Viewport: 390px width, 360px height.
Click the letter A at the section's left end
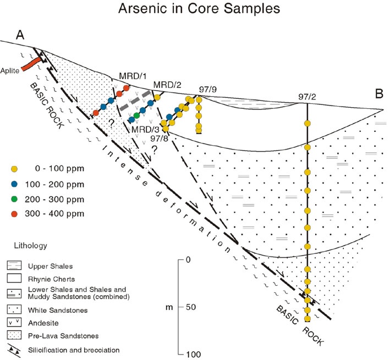[21, 36]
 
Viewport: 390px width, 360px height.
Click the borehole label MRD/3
[143, 130]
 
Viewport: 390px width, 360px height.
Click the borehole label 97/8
[160, 139]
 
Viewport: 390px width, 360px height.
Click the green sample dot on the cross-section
[136, 115]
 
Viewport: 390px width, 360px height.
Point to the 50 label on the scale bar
[191, 307]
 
